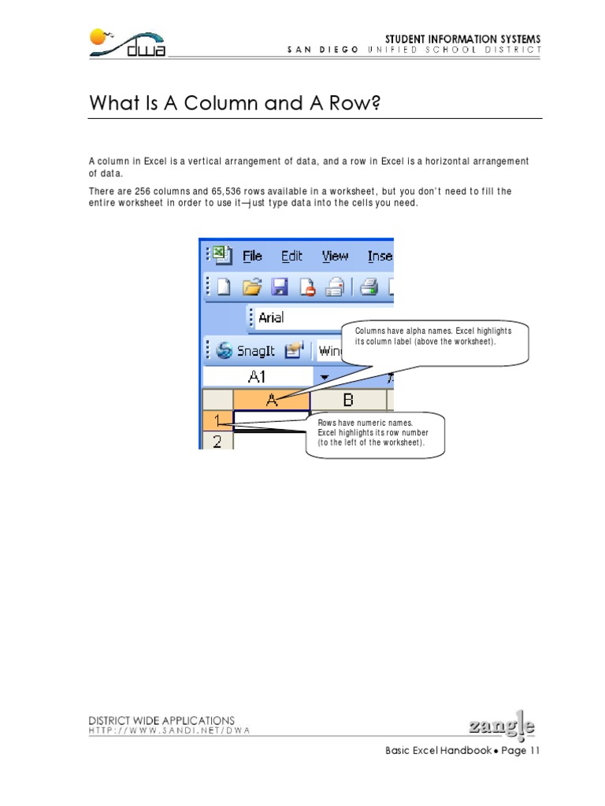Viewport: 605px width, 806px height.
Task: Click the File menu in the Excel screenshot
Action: [x=252, y=256]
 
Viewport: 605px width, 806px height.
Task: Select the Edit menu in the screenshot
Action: [x=291, y=256]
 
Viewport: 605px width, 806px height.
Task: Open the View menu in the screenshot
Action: [x=335, y=256]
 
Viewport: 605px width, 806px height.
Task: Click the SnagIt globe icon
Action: [x=224, y=350]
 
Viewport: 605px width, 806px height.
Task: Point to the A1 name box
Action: [x=257, y=377]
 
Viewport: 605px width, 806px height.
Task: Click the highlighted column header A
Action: [x=272, y=400]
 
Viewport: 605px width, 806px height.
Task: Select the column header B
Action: [x=347, y=400]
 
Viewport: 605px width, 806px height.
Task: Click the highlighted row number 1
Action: [x=217, y=421]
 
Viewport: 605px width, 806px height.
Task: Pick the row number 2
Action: [x=217, y=442]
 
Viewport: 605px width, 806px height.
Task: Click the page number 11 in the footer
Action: [x=535, y=750]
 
